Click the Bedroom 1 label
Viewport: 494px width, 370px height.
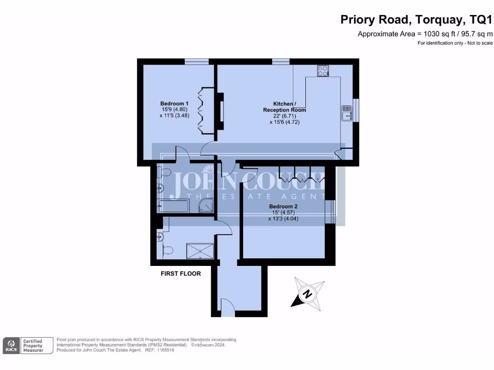coord(174,104)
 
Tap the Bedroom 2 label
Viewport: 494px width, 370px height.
coord(283,207)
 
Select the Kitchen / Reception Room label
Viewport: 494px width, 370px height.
coord(284,106)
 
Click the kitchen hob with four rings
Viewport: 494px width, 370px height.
coord(323,71)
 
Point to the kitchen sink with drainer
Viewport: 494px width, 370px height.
coord(347,113)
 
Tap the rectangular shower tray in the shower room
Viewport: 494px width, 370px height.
coord(200,251)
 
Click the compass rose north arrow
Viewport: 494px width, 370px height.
coord(306,293)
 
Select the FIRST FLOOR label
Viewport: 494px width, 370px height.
coord(180,274)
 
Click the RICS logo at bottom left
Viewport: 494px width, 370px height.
coord(12,345)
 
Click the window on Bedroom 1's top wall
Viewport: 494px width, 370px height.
coord(196,61)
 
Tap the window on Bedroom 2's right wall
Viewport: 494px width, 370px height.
coord(330,211)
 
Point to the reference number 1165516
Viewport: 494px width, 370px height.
coord(165,350)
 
